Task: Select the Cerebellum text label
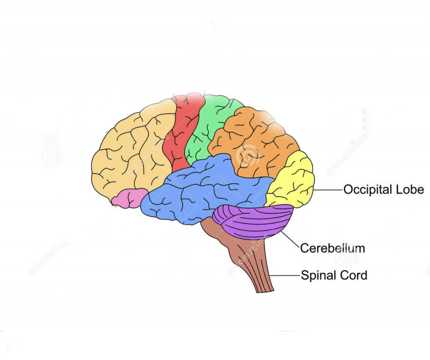point(333,248)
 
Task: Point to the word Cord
point(353,275)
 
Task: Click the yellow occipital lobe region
point(291,180)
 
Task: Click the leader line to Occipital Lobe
point(328,190)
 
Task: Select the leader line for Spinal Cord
point(285,275)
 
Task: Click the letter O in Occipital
point(348,190)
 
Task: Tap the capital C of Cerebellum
point(304,248)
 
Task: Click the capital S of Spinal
point(304,275)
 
